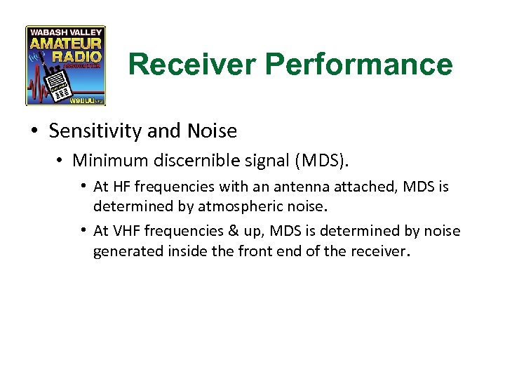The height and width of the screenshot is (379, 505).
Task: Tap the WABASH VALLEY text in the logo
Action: pos(66,32)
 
